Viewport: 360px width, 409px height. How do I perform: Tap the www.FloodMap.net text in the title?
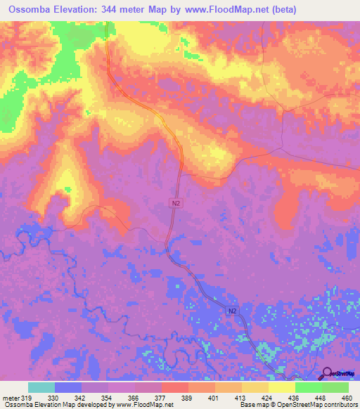tap(219, 9)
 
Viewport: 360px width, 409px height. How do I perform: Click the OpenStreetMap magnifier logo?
tap(328, 373)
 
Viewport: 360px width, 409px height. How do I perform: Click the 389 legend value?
tap(187, 397)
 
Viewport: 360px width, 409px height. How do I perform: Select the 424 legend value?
tap(266, 397)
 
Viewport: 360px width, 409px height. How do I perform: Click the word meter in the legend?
tap(11, 397)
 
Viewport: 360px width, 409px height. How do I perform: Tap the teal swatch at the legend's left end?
tap(41, 387)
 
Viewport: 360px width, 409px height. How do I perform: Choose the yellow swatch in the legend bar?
tap(282, 387)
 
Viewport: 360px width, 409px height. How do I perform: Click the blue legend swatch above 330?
tap(68, 387)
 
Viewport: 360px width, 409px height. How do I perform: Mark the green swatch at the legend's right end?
tap(335, 387)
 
